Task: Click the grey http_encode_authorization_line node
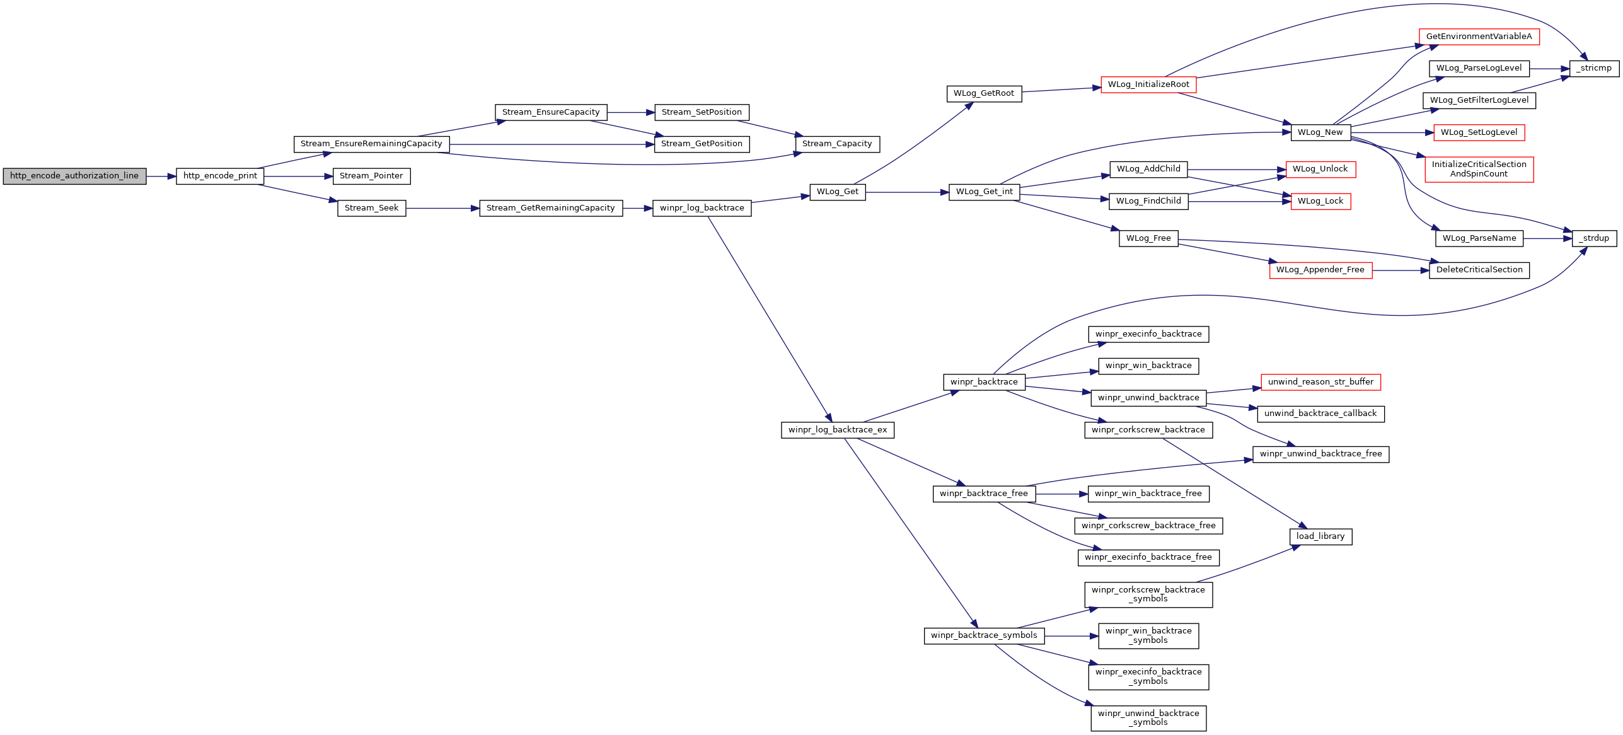(74, 176)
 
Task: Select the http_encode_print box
(220, 176)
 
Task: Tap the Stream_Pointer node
(371, 176)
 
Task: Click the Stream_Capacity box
(837, 144)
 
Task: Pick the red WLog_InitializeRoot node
(1148, 84)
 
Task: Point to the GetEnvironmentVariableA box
(1479, 37)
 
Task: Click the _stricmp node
(1593, 68)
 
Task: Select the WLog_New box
(1320, 132)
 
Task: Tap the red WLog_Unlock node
(1320, 169)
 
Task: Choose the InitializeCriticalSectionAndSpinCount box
(1479, 169)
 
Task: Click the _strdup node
(1595, 238)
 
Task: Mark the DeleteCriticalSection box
(1479, 270)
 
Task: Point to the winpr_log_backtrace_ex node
(838, 430)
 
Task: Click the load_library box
(1320, 536)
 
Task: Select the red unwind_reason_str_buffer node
(1320, 382)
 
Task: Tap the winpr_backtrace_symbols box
(984, 635)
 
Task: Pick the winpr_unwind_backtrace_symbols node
(1148, 718)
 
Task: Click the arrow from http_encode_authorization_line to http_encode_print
(161, 177)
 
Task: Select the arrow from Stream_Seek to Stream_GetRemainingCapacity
(442, 208)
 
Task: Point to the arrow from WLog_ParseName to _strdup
(1548, 238)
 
